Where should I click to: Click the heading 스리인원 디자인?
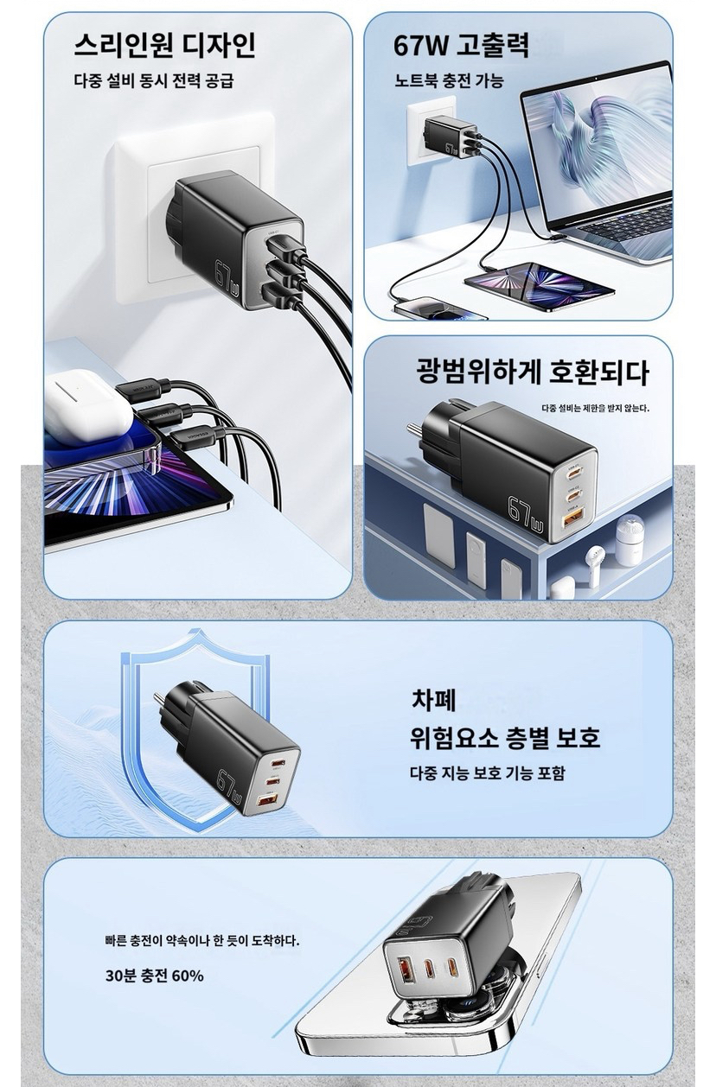click(164, 46)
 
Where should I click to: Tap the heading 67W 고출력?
click(461, 46)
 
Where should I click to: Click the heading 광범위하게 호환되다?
click(533, 372)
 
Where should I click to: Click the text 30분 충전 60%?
click(155, 976)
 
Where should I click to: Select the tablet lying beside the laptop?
click(540, 286)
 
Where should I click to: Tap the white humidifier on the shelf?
click(630, 540)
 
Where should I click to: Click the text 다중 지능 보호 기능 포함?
click(488, 772)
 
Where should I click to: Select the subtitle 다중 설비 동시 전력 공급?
click(154, 79)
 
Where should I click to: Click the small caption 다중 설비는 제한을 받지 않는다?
click(596, 408)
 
